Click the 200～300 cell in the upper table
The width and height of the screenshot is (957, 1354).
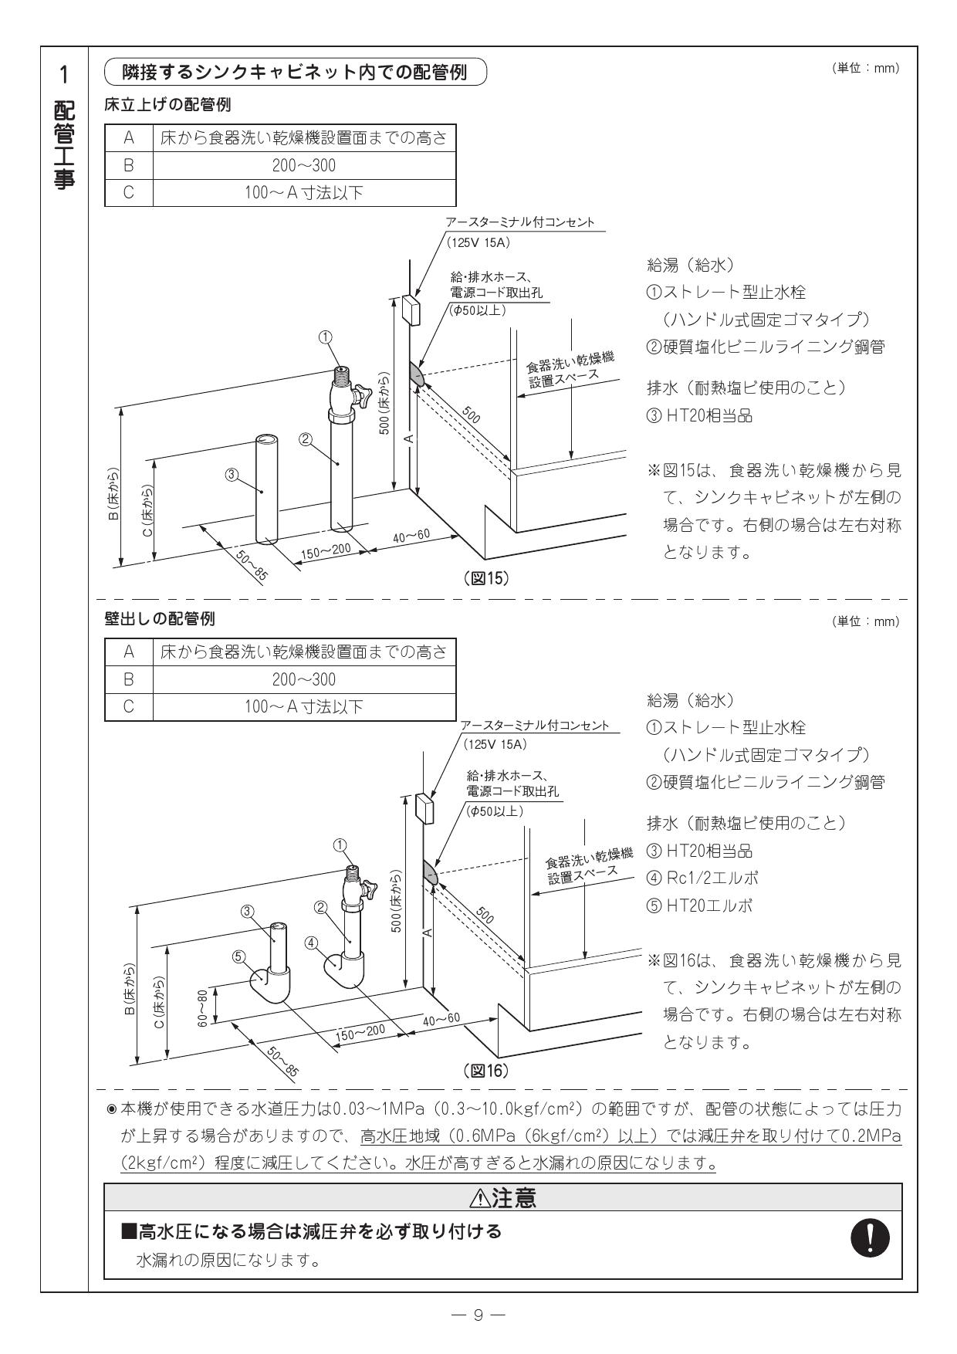tap(304, 165)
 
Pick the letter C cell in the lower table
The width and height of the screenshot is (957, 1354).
tap(129, 706)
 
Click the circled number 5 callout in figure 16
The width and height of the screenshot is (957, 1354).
tap(239, 955)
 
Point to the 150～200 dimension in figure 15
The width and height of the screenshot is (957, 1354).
tap(326, 552)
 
